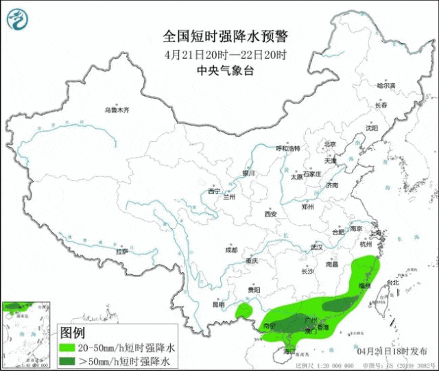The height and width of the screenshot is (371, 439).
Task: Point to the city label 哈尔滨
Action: click(386, 85)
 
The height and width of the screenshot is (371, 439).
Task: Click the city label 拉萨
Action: click(121, 252)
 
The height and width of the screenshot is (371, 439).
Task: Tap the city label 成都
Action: click(230, 250)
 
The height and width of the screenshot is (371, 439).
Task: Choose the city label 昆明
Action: click(219, 304)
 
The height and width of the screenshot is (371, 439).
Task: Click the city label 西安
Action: click(270, 214)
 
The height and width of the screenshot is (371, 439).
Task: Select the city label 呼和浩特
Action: click(288, 148)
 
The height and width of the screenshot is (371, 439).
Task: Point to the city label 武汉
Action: click(316, 247)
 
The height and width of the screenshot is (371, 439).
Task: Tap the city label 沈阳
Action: click(372, 128)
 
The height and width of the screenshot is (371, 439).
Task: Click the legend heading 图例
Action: click(73, 333)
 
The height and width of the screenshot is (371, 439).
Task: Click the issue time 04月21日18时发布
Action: click(392, 350)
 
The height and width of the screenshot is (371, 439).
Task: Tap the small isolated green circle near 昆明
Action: click(243, 312)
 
